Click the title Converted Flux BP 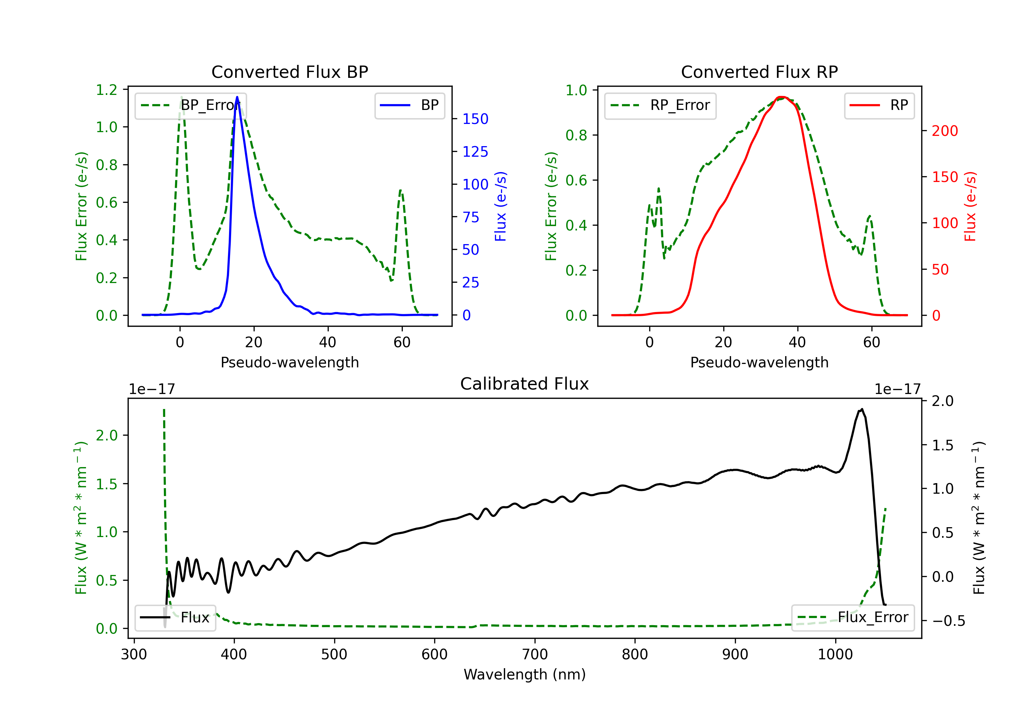289,72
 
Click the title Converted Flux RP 759,72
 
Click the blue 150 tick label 475,119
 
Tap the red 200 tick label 944,131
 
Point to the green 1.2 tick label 106,90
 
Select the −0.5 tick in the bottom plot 948,621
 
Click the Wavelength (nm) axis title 525,674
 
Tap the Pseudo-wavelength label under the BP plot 289,362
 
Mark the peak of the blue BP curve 237,97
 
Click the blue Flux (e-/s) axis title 500,207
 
